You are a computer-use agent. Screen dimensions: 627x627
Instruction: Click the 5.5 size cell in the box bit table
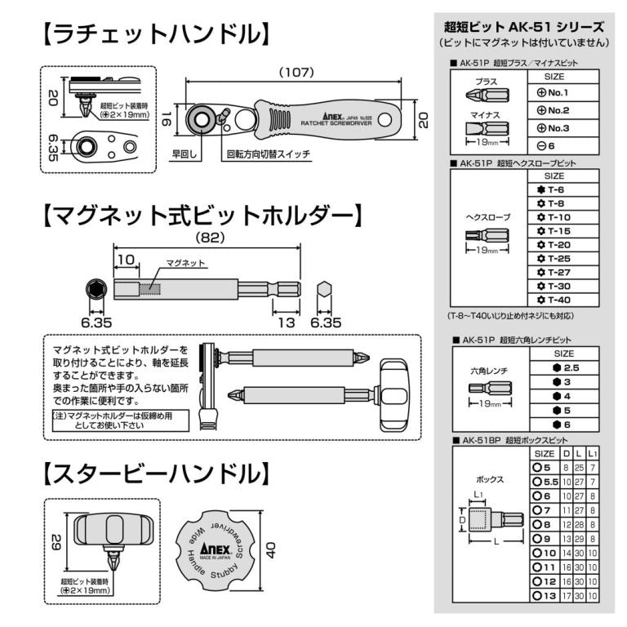(x=545, y=482)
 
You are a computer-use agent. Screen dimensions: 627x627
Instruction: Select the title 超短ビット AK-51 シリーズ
(x=524, y=26)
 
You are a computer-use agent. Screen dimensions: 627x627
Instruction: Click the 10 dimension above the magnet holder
(x=125, y=259)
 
